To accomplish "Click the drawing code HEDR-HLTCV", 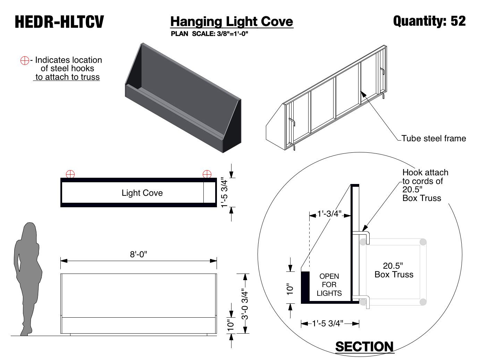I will (x=59, y=22).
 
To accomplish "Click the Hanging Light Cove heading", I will (x=232, y=22).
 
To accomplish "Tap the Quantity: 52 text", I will (x=429, y=21).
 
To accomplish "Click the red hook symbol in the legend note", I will (x=25, y=60).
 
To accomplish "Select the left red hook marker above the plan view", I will (x=70, y=174).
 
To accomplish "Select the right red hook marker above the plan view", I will (x=207, y=174).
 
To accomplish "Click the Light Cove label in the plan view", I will (x=142, y=193).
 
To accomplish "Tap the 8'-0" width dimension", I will (x=138, y=254).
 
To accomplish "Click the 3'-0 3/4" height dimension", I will (x=245, y=304).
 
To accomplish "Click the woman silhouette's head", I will (x=30, y=231).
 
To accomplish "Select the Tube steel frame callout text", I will (x=434, y=139).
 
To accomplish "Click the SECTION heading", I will (x=364, y=346).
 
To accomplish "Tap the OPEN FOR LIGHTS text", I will (x=329, y=285).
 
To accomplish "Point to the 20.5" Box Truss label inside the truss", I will (x=394, y=270).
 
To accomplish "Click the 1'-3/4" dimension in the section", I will (x=329, y=214).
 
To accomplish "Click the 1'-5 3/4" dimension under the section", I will (x=327, y=324).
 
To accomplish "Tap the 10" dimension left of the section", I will (x=290, y=289).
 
